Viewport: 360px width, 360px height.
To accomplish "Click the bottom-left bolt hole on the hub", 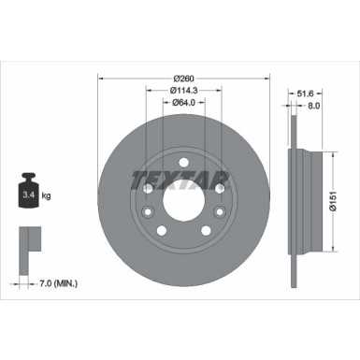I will click(x=162, y=230).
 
